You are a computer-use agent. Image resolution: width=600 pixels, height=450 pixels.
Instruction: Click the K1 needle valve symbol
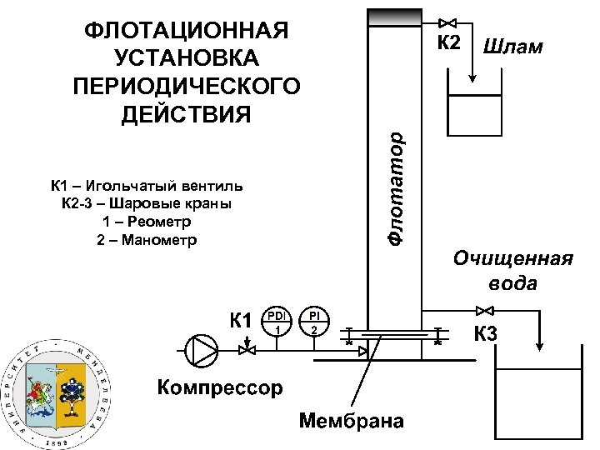(x=247, y=352)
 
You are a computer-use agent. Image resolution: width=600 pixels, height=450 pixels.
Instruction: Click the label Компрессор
(x=220, y=387)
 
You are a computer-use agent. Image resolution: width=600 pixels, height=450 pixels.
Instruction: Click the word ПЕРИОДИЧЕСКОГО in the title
(x=187, y=87)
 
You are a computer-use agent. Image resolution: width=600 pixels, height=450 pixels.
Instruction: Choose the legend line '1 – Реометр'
(x=147, y=222)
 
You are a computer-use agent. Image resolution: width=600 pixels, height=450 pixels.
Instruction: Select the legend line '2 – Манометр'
(x=147, y=241)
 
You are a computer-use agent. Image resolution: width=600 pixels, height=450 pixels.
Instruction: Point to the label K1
(x=241, y=320)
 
